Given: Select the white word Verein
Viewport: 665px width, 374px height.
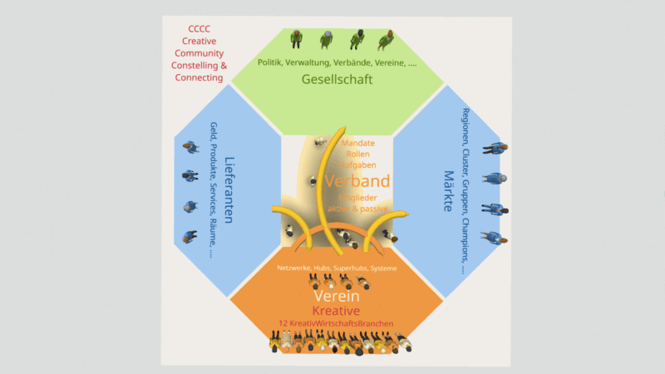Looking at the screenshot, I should pos(336,297).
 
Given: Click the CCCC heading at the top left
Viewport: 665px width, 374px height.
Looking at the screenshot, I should pos(199,28).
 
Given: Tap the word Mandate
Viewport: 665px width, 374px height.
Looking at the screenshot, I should pos(358,144).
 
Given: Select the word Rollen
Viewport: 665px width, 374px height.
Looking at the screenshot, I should pos(359,155).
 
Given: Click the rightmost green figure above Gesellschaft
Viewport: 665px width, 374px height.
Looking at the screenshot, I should pos(385,40).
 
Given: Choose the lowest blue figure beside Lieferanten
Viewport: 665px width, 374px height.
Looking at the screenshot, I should pos(190,235).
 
